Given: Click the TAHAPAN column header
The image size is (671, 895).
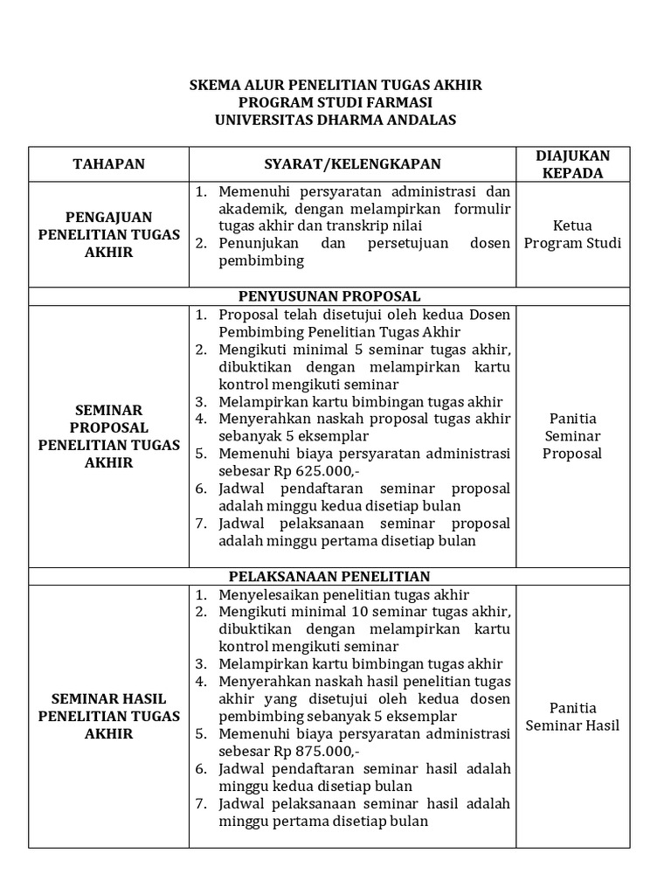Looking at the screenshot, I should (x=108, y=164).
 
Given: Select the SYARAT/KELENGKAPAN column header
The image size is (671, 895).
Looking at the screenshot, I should (x=352, y=164).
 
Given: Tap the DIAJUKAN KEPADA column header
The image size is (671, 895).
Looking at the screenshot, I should (x=572, y=164).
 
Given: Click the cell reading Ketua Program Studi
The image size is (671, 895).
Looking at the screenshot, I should (x=572, y=234).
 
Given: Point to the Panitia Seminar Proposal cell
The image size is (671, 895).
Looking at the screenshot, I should (x=572, y=435).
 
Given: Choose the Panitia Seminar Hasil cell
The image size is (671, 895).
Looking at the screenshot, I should (x=572, y=716).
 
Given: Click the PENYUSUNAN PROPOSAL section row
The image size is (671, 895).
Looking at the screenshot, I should (x=336, y=296).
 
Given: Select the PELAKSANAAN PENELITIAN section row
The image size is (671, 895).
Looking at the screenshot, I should (x=336, y=577).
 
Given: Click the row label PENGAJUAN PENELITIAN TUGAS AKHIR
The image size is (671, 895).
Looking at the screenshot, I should (x=108, y=234).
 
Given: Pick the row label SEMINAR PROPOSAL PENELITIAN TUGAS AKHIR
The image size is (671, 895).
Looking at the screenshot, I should (x=108, y=435).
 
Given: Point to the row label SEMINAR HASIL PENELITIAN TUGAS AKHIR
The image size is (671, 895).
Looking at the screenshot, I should (x=108, y=716).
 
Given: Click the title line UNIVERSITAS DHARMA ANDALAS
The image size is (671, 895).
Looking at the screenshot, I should (x=335, y=121).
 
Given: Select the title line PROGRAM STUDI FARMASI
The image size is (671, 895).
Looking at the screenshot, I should (x=335, y=103).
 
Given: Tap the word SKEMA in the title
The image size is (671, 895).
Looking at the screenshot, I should (x=213, y=86).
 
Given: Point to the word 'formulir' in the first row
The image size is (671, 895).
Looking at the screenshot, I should (x=484, y=208).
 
